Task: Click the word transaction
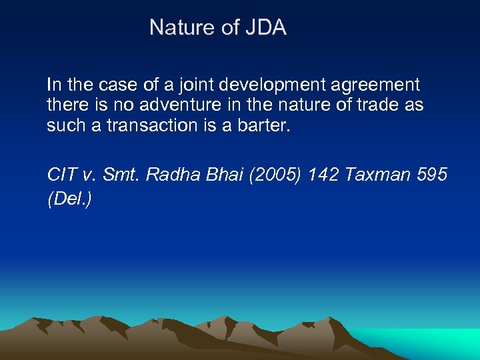[151, 125]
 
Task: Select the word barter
[264, 125]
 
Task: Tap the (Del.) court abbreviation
[69, 199]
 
